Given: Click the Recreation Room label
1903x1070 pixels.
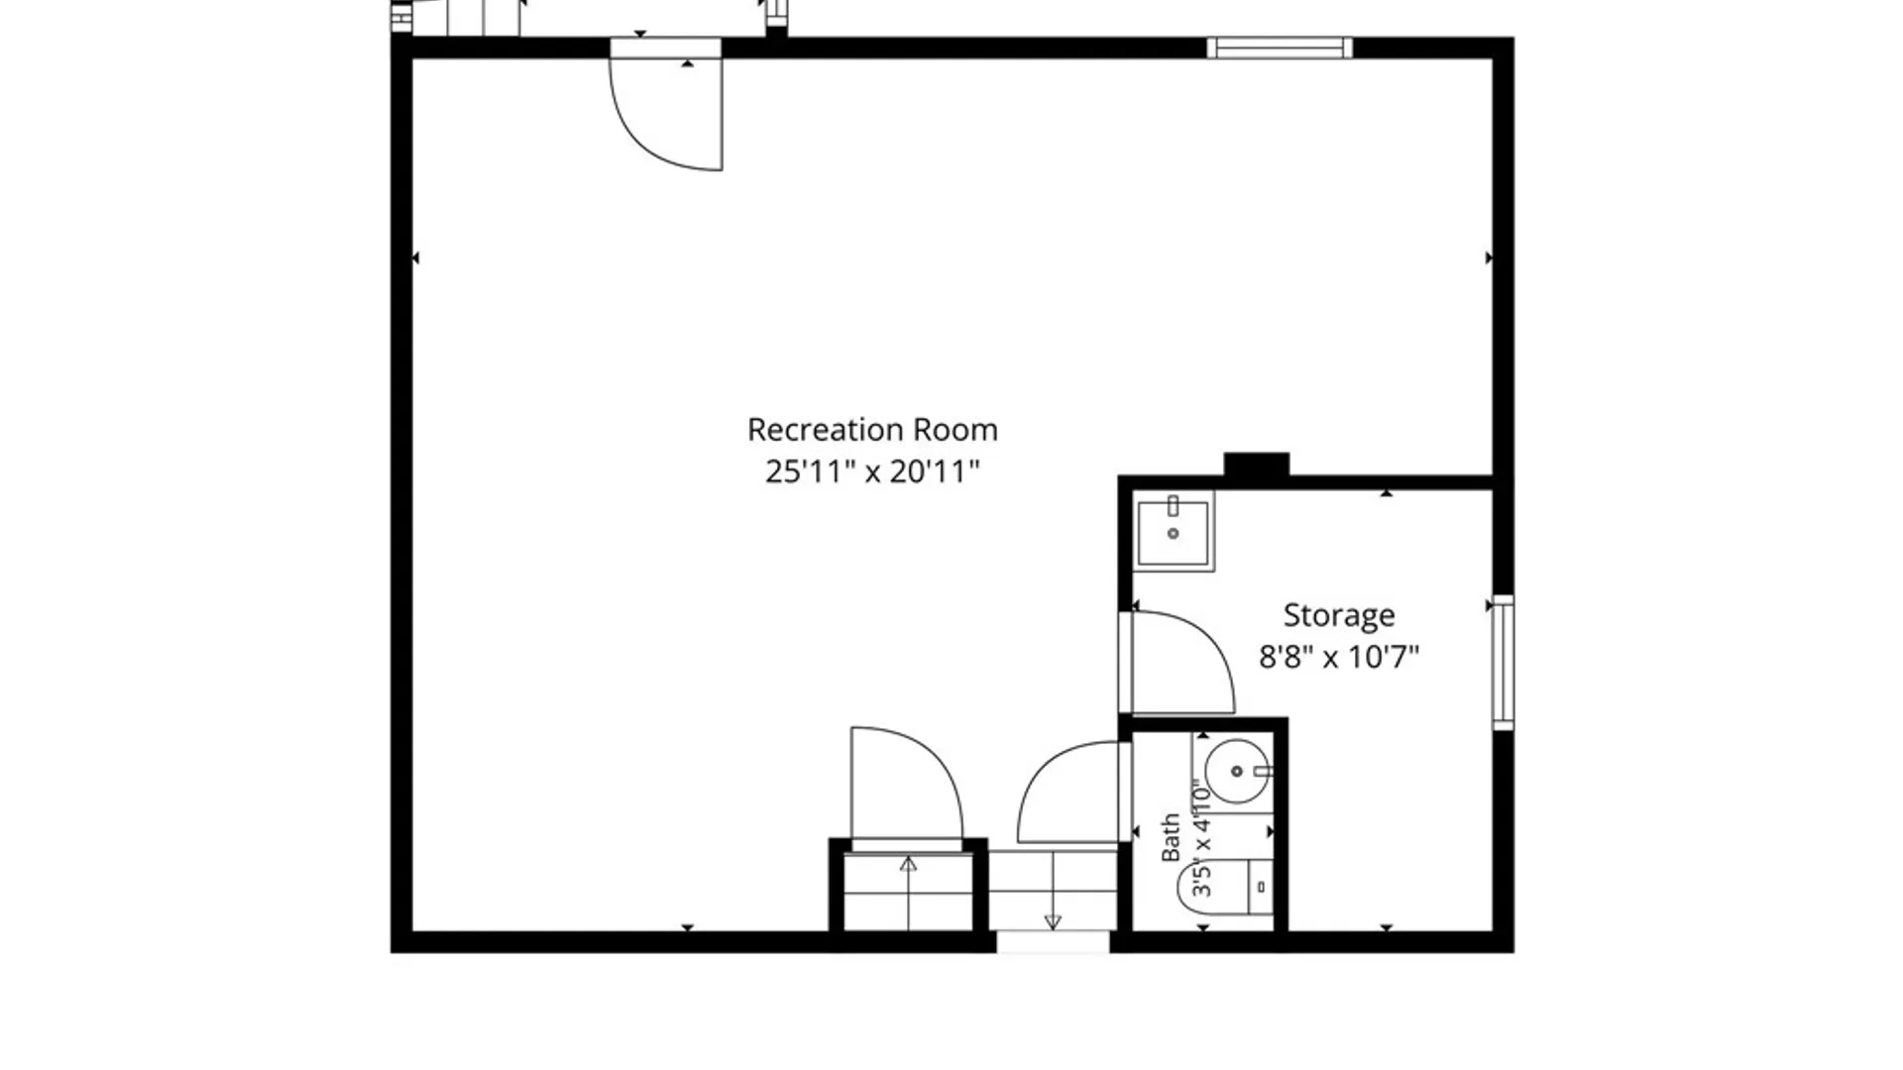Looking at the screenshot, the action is coord(872,430).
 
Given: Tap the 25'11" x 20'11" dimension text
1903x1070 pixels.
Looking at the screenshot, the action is coord(872,472).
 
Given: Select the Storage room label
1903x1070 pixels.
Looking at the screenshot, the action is coord(1339,616).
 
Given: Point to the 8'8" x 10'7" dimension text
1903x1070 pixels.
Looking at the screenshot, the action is coord(1339,657).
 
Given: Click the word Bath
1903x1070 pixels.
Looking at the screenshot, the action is coord(1171,838).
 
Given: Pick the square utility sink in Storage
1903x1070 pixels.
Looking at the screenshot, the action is coord(1173,531).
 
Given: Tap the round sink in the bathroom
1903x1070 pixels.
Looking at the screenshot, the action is coord(1237,771).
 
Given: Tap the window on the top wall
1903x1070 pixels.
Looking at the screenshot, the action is coord(1280,48).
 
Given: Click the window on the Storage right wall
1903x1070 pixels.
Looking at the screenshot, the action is coord(1504,663).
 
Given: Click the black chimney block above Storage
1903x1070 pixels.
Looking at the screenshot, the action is coord(1257,465).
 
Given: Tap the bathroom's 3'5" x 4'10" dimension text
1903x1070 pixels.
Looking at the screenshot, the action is coord(1202,838).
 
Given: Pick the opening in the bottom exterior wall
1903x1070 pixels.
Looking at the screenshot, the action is coord(1053,942).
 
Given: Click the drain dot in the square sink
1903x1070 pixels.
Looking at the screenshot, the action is coord(1174,534).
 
